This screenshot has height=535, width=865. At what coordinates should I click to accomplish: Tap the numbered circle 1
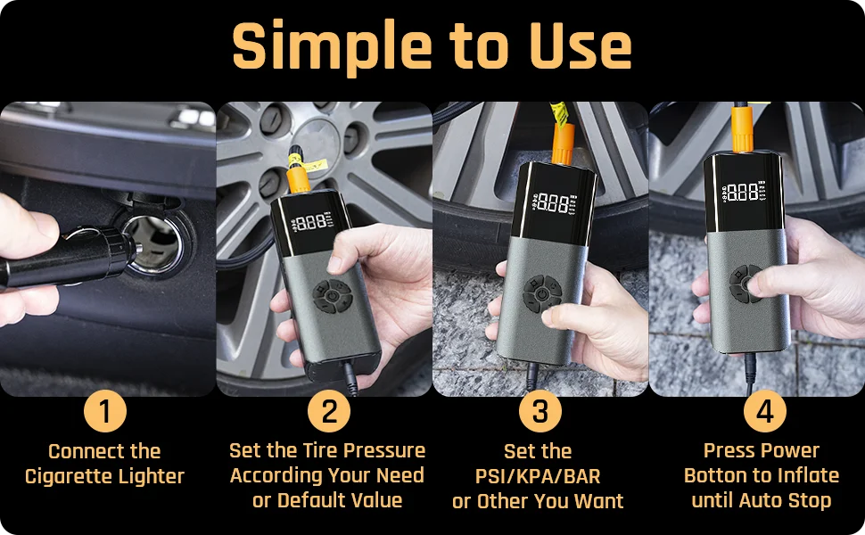pos(105,411)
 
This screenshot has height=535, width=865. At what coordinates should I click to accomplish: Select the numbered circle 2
pos(329,411)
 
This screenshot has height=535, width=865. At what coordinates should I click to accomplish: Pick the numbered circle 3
pos(540,411)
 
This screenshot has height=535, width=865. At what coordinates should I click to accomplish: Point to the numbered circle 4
pos(764,411)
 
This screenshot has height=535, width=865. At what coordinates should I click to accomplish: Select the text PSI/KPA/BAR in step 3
pos(538,476)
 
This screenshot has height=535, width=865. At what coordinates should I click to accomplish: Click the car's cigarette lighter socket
pos(154,243)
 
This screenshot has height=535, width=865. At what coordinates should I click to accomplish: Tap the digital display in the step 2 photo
pos(310,222)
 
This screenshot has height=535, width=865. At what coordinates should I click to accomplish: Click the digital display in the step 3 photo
pos(554,203)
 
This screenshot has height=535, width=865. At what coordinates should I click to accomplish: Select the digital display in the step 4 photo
pos(744,192)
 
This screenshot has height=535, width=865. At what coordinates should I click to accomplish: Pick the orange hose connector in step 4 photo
pos(743,129)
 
